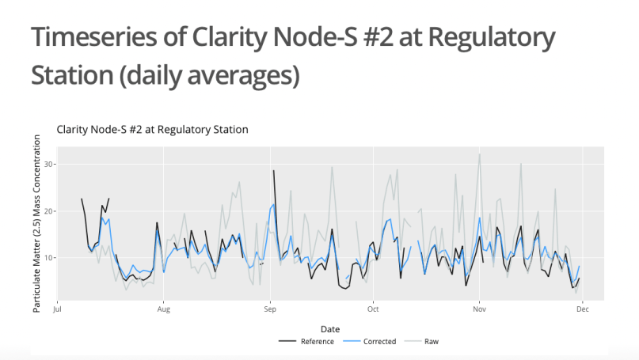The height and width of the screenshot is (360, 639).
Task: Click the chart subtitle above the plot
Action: point(152,129)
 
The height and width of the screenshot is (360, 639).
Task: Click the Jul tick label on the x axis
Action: point(57,310)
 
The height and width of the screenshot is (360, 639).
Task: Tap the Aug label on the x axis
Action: point(163,310)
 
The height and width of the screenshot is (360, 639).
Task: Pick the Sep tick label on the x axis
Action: point(270,310)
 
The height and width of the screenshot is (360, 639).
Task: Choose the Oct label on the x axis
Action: point(372,310)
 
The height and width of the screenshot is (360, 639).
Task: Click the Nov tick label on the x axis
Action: point(478,310)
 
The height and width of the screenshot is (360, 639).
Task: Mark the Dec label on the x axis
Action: point(582,310)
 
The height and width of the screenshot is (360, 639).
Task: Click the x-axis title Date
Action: point(331,328)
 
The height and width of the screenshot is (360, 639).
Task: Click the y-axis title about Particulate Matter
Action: point(36,222)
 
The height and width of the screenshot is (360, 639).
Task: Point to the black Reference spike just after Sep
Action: point(274,171)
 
